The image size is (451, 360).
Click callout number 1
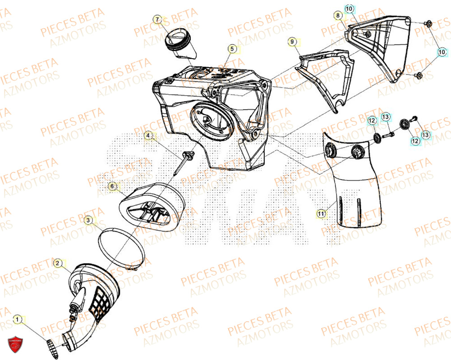pos(18,319)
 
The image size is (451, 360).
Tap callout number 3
pos(89,220)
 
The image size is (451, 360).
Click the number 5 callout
pos(231,48)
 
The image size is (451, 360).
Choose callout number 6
pos(112,185)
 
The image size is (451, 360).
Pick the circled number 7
pos(157,19)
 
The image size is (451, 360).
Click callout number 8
pos(337,16)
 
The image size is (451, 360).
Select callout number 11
pos(321,214)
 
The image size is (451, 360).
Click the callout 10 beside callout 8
pos(350,9)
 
